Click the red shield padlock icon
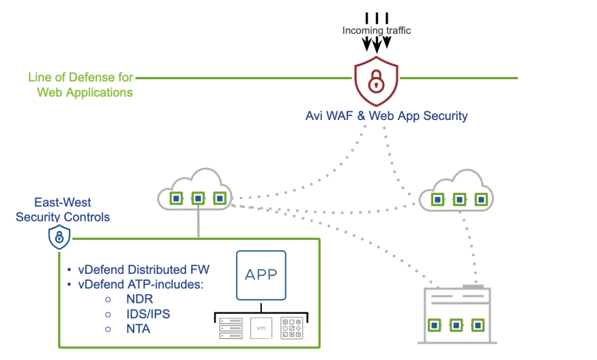[x=377, y=82]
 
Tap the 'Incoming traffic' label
[x=376, y=30]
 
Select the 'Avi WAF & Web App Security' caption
[x=387, y=116]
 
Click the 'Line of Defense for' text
[x=80, y=77]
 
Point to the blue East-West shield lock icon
[x=59, y=237]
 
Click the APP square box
[x=261, y=276]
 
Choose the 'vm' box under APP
[x=261, y=328]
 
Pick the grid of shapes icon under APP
[x=291, y=328]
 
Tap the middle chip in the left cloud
[x=198, y=199]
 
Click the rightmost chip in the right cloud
[x=481, y=199]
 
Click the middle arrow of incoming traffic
[x=377, y=43]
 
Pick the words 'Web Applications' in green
[x=85, y=92]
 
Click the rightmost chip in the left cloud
[x=219, y=199]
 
